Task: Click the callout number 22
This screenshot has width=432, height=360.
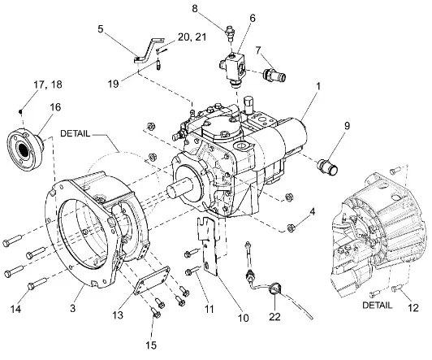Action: tap(274, 316)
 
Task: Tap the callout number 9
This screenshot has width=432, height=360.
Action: tap(347, 126)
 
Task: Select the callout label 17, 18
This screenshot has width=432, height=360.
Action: tap(48, 85)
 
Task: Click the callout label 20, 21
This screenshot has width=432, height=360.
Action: tap(192, 37)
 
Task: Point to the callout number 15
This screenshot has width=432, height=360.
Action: tap(152, 345)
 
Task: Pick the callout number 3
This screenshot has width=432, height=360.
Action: tap(72, 308)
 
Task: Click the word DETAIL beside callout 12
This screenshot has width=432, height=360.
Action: tap(377, 305)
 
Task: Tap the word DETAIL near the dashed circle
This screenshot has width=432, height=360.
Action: tap(75, 134)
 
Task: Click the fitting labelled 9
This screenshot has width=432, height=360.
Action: tap(328, 167)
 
